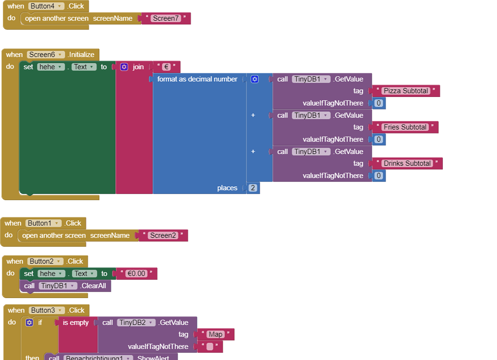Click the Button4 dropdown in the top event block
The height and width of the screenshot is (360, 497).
46,6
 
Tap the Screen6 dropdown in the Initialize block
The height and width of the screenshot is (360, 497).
46,55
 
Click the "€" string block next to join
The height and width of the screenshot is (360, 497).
166,67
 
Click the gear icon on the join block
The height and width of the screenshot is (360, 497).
124,67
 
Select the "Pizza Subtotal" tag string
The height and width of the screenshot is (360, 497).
406,91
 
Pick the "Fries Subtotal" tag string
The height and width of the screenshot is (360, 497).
405,127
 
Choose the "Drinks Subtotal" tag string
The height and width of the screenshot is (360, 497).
407,164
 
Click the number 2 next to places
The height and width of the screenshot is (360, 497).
253,188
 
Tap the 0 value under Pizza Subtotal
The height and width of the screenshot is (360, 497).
379,103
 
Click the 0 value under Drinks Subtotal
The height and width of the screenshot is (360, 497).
379,176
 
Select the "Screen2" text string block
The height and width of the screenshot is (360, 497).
163,236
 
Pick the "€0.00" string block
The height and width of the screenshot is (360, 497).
136,274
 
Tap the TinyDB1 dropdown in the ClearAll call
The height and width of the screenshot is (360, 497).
58,286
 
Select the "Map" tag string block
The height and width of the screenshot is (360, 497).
215,335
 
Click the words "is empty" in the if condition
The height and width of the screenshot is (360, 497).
76,323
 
